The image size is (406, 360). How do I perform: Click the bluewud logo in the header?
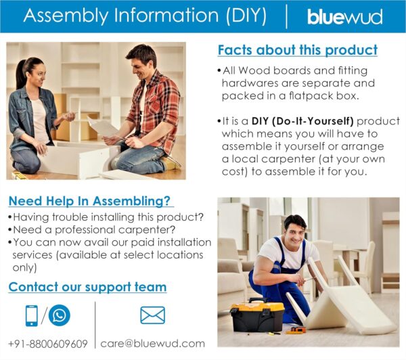[x=344, y=17]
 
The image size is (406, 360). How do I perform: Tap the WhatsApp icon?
[x=60, y=315]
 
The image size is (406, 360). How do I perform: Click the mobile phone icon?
[x=32, y=315]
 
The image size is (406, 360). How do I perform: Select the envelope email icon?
[x=152, y=315]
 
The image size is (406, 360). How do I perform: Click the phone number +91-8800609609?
[x=48, y=344]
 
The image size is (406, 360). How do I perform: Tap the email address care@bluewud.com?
[x=152, y=344]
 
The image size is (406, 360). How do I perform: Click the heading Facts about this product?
[x=298, y=50]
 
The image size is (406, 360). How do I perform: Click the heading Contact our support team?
[x=87, y=287]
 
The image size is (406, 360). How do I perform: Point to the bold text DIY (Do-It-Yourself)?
[x=302, y=121]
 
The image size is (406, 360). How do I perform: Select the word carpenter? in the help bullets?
[x=147, y=229]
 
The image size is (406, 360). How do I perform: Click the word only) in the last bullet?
[x=24, y=268]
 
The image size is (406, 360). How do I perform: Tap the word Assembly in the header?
[x=66, y=16]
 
